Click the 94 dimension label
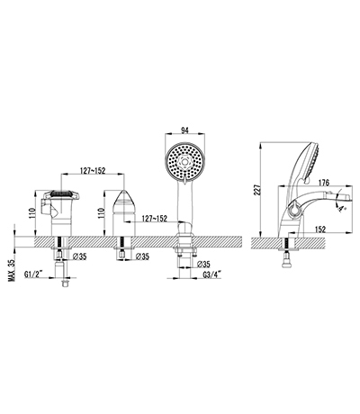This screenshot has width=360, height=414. click(185, 130)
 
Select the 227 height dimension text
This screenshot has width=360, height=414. click(257, 190)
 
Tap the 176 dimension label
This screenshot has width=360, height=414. click(324, 183)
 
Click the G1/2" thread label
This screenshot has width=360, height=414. click(33, 274)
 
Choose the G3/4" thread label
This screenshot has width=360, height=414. click(212, 274)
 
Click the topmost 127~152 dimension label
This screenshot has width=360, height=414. click(93, 170)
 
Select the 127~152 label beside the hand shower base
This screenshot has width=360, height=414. click(154, 219)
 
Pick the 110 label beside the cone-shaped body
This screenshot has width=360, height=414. click(101, 212)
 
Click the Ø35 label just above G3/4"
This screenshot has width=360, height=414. click(204, 265)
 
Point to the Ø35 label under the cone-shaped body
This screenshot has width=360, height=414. click(142, 256)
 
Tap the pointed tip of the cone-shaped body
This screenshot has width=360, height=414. click(123, 190)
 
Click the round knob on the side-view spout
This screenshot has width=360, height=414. click(294, 209)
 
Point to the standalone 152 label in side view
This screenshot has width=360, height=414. click(320, 229)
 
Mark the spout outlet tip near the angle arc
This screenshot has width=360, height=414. click(349, 197)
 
